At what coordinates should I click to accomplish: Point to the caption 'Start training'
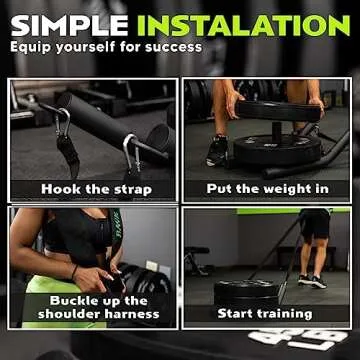(x=265, y=314)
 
